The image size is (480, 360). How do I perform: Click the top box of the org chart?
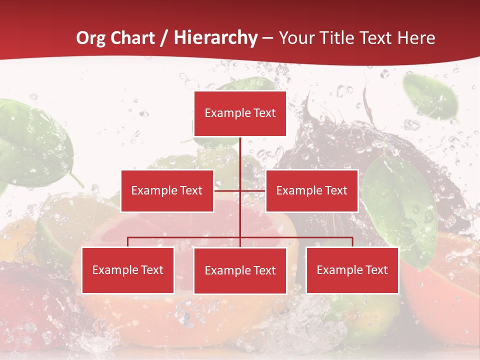(240, 113)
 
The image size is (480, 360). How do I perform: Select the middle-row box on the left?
(167, 190)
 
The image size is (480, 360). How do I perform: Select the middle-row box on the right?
(311, 190)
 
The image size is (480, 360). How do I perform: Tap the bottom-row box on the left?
(127, 270)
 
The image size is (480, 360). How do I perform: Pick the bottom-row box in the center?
(240, 270)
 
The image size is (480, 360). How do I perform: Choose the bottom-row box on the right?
(352, 270)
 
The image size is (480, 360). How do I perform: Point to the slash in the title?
(164, 38)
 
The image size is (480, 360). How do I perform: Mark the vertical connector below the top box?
(240, 155)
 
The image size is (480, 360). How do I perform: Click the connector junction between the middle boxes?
(240, 190)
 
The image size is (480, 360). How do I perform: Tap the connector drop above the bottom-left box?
(127, 242)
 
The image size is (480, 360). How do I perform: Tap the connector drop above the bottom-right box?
(352, 242)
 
